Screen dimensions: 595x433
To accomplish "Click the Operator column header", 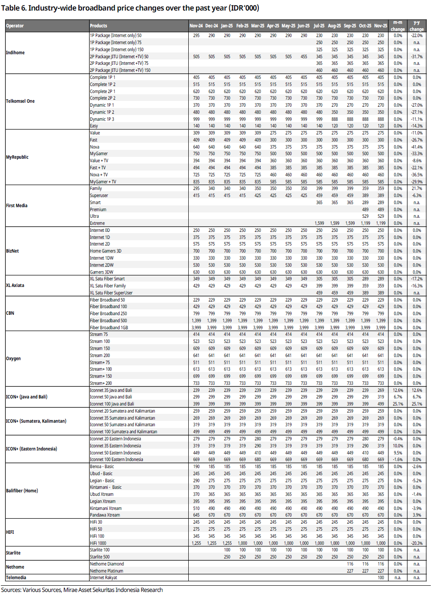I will coord(15,26).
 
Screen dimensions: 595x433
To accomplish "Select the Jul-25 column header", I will coord(319,26).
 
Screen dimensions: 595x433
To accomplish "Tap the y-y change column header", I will coord(416,26).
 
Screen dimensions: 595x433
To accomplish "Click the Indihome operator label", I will coord(15,53).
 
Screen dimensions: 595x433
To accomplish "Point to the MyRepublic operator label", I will coord(17,157).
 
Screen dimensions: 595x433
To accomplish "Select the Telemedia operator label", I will coord(16,578).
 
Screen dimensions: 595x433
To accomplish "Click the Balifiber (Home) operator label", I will coord(22,491).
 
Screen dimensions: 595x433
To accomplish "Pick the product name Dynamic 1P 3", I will coord(102,119).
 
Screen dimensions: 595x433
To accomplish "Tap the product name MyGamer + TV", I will coord(103,182).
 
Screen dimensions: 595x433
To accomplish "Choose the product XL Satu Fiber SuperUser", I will coord(111,293).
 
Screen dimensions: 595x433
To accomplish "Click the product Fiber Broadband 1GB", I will coord(109,328).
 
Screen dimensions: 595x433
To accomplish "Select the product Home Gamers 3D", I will coord(105,251).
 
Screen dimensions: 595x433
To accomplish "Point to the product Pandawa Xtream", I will coord(105,515).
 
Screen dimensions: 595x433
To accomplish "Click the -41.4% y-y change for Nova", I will coord(417,147).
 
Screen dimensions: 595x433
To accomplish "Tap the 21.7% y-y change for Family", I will coord(417,189).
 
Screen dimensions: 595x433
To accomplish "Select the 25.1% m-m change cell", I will coord(398,404).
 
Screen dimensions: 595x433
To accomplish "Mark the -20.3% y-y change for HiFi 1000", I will coord(417,543).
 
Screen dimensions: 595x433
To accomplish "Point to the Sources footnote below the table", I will coord(82,590).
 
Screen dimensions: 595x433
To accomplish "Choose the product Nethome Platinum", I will coord(107,571).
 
